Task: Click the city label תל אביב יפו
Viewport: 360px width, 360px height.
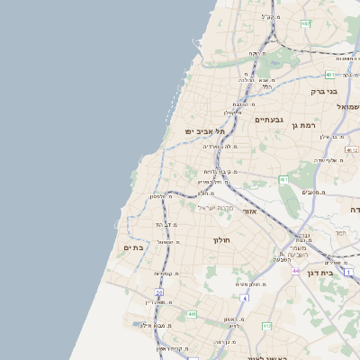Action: click(205, 131)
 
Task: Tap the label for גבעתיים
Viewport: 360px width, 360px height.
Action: click(269, 120)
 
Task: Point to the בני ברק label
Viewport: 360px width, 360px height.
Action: click(322, 91)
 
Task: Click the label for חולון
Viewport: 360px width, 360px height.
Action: click(222, 240)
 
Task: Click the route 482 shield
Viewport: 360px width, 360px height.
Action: click(305, 23)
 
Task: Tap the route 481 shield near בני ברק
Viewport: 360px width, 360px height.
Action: click(330, 75)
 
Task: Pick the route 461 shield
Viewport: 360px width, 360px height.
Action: click(283, 180)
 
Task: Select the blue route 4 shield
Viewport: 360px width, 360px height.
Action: click(244, 297)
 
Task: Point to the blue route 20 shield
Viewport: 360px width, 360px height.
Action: click(159, 292)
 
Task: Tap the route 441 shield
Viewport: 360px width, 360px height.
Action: click(192, 314)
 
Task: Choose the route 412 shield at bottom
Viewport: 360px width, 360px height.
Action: click(266, 326)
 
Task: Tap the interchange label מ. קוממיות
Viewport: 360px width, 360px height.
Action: click(168, 273)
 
